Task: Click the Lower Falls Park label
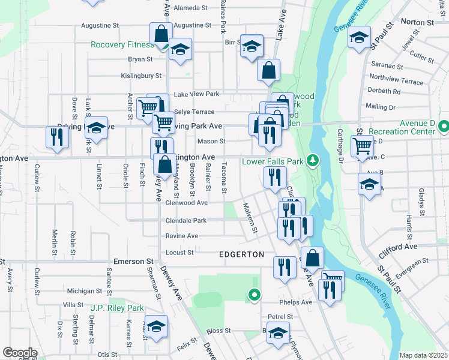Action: [273, 161]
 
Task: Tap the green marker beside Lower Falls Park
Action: [312, 160]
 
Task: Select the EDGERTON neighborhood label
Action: [241, 254]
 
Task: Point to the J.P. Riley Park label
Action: [117, 308]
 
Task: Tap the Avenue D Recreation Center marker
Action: [444, 127]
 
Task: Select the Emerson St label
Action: [134, 262]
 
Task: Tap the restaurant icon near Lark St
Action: [58, 137]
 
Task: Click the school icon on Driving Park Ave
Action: [96, 127]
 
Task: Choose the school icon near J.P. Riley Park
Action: [156, 326]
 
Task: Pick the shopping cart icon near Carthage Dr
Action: [363, 145]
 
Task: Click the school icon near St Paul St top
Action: [358, 37]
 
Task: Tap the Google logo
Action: [19, 353]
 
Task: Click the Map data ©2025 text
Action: [423, 355]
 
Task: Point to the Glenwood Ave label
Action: [186, 203]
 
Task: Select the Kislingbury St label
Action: [142, 76]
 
